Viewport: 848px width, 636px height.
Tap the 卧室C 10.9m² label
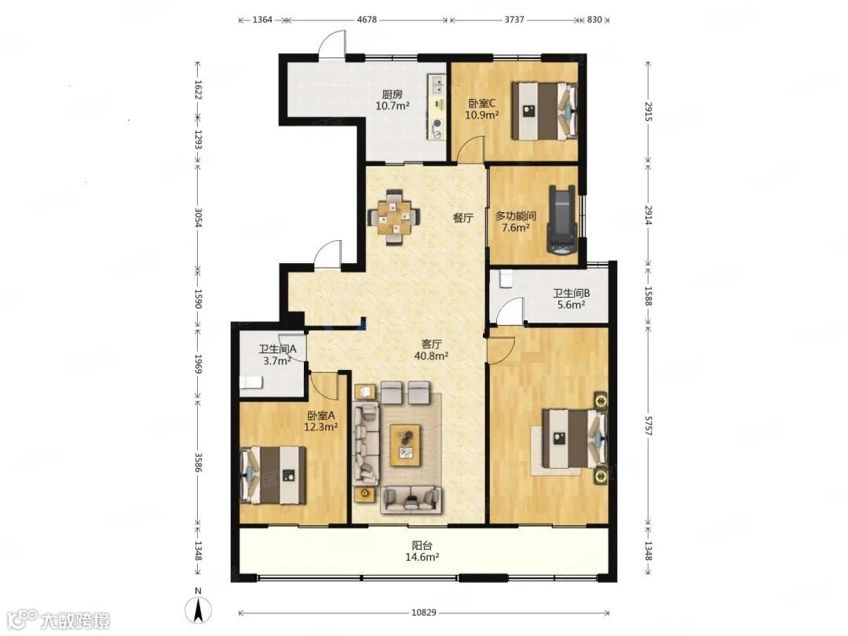click(x=482, y=108)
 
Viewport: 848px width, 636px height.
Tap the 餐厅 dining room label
click(x=463, y=218)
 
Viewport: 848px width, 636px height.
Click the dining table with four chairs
click(x=394, y=217)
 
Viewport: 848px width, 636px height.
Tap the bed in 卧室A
click(x=273, y=475)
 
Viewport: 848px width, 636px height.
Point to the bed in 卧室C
click(x=545, y=111)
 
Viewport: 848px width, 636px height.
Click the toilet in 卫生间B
click(x=506, y=279)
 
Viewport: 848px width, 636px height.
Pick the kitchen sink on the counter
click(x=437, y=84)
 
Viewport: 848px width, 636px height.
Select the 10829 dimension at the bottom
click(x=423, y=612)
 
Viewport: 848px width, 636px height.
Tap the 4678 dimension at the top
click(x=366, y=20)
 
